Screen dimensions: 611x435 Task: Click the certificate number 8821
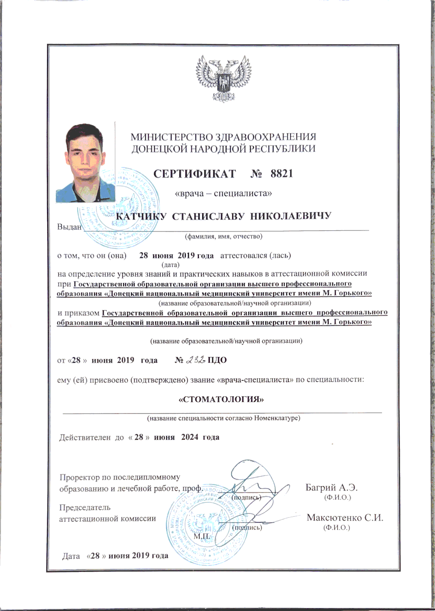(282, 174)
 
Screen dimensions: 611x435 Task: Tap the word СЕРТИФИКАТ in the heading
(195, 174)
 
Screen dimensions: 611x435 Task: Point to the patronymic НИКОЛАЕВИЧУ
(291, 216)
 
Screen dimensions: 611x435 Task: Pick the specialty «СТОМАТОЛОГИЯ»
(221, 399)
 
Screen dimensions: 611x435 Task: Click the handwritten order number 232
(195, 360)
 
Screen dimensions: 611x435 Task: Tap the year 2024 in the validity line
(190, 437)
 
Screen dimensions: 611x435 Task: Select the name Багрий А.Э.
(331, 487)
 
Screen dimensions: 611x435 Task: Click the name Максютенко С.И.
(345, 518)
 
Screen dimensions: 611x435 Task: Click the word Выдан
(69, 227)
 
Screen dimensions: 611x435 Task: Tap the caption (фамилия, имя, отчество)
(223, 237)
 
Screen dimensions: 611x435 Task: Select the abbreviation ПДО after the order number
(217, 360)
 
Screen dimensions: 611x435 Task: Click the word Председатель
(85, 507)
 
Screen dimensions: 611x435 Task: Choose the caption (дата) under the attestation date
(170, 265)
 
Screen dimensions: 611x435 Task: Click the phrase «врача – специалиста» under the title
(219, 193)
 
